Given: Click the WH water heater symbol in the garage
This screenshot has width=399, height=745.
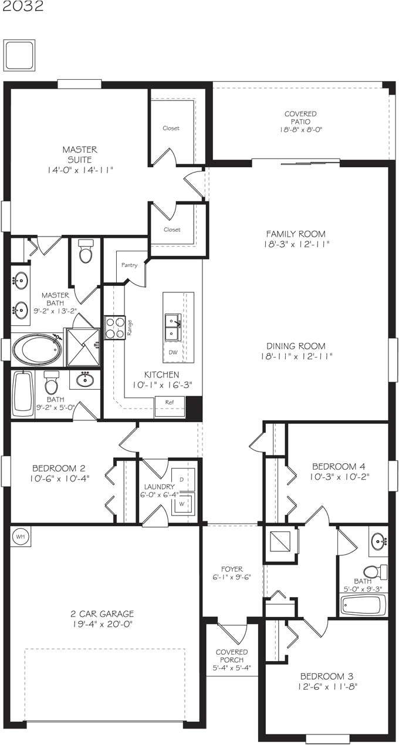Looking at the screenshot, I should tap(20, 536).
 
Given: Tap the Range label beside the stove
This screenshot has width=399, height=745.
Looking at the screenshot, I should tap(130, 328).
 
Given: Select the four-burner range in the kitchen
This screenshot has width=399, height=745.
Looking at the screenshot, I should tap(114, 328).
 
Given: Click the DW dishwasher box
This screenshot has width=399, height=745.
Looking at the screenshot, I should tap(173, 352).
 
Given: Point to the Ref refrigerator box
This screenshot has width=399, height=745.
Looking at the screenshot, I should tap(169, 403).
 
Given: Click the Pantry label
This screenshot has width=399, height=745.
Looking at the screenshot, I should tap(129, 265).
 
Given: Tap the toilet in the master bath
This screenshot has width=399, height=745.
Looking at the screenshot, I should tap(86, 252).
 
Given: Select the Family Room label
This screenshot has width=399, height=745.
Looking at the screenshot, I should tap(296, 234).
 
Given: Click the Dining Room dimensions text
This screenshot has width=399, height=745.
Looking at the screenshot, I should tap(296, 356).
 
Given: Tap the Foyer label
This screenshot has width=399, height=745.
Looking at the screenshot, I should tap(232, 569).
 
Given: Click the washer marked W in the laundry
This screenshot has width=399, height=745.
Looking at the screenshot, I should tap(181, 504).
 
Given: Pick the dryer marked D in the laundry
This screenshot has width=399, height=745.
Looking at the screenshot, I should tap(181, 480).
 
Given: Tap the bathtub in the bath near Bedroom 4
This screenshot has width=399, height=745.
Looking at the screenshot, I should tap(363, 605).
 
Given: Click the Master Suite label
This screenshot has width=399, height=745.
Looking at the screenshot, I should tap(80, 154).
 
